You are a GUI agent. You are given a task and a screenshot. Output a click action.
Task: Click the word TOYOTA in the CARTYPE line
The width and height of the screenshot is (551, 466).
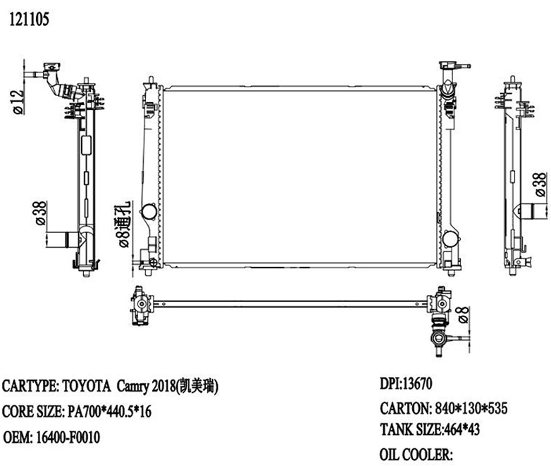(x=87, y=386)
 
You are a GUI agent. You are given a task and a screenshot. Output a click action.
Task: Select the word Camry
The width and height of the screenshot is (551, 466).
(x=137, y=386)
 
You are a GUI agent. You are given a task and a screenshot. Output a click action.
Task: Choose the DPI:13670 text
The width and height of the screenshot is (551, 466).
(x=410, y=384)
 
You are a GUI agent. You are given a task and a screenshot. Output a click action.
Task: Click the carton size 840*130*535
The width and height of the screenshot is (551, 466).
(x=470, y=408)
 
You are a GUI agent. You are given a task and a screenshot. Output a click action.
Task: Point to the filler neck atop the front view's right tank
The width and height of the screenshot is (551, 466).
(x=447, y=70)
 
